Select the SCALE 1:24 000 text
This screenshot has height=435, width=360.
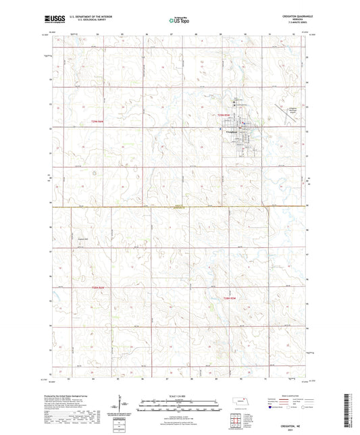[180, 395]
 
